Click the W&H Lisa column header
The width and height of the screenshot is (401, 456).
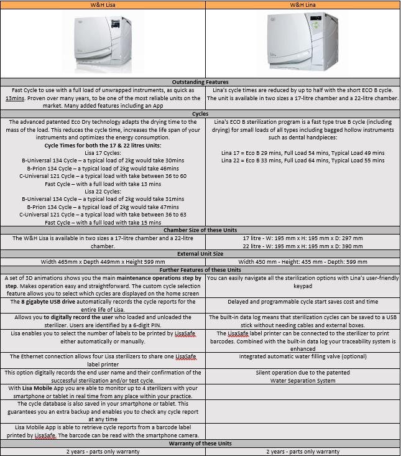[103, 5]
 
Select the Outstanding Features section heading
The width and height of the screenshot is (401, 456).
[200, 82]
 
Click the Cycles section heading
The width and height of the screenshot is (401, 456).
[200, 113]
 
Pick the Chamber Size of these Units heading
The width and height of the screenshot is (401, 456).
[200, 230]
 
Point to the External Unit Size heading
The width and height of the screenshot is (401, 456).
[200, 254]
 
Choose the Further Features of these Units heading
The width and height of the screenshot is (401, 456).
[200, 270]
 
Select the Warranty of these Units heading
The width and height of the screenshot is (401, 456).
[200, 444]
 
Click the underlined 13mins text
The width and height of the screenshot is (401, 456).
[16, 98]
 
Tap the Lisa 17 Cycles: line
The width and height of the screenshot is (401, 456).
[103, 153]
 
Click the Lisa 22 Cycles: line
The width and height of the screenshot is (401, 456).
[103, 192]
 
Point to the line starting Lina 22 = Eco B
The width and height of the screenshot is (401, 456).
[302, 161]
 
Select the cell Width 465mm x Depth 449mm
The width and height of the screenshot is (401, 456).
[103, 262]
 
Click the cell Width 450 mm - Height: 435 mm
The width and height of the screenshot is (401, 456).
[302, 262]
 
